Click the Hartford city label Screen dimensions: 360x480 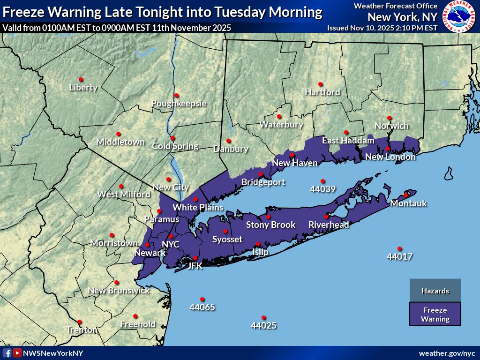[x=322, y=92]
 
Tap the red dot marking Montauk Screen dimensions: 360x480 [x=406, y=195]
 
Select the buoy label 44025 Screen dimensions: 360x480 [x=264, y=325]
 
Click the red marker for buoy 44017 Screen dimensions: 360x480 [x=399, y=248]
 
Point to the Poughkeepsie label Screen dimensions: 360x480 [x=179, y=104]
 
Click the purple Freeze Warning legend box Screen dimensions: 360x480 [x=435, y=314]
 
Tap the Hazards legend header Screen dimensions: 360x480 [x=435, y=291]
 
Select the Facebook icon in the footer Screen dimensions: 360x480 [x=7, y=353]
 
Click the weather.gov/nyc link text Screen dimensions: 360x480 [x=447, y=353]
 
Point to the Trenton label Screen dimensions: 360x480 [x=82, y=330]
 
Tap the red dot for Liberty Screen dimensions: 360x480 [x=81, y=79]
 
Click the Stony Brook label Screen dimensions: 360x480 [x=270, y=225]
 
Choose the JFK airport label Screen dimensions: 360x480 [x=195, y=266]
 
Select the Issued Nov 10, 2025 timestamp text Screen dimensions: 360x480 [x=382, y=28]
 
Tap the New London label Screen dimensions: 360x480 [x=390, y=157]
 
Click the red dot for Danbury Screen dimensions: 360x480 [x=229, y=141]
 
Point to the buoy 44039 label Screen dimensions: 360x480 [x=322, y=189]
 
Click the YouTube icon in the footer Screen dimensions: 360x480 [x=17, y=353]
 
